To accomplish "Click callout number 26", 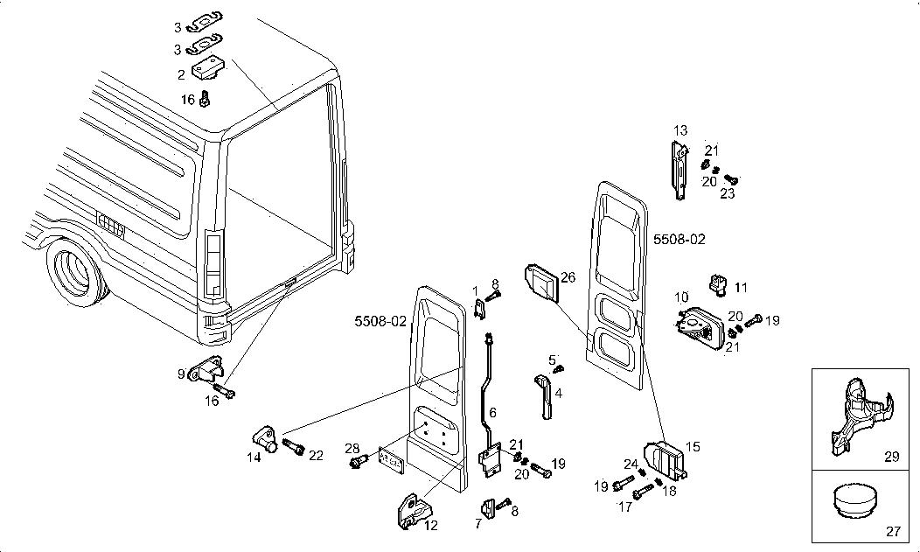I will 568,278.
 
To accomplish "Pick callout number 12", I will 431,526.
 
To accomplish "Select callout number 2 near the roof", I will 181,75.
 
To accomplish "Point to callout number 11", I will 741,287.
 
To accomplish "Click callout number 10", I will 680,298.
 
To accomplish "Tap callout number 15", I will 693,447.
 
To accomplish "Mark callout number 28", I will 352,449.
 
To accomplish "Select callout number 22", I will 316,455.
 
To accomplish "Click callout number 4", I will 558,393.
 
